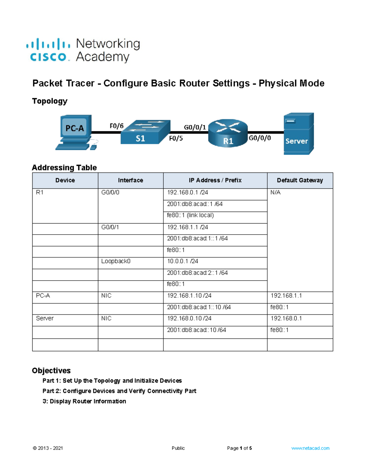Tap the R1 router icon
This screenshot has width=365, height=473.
pos(228,133)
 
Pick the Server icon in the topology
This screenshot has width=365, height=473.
pos(298,134)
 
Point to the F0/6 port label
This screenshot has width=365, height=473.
pos(116,126)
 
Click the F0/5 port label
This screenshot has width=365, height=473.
pos(176,138)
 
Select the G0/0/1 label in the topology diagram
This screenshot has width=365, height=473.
pos(195,127)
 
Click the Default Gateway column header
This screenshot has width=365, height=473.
pos(300,180)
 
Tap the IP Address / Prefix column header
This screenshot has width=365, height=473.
pos(215,180)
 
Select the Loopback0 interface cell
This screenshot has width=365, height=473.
pos(116,261)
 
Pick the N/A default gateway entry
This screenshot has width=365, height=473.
pos(276,192)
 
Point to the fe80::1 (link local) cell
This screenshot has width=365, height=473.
pos(190,215)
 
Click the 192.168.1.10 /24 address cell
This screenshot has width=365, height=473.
pos(189,295)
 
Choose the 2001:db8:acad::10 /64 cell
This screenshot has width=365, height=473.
pos(196,330)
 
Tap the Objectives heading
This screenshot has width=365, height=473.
pos(51,370)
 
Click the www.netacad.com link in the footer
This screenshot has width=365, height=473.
pos(310,448)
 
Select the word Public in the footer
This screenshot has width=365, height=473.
pos(178,448)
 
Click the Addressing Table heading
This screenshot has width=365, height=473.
pos(64,168)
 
